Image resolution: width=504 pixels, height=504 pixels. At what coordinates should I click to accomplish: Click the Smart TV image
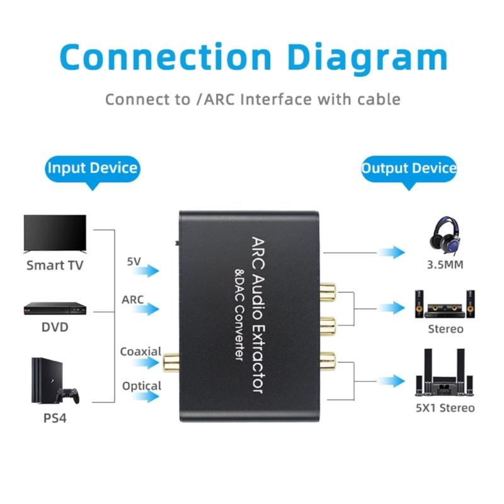55,234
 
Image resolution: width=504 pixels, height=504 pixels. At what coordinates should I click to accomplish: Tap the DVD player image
55,308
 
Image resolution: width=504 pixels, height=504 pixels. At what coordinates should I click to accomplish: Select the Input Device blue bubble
93,168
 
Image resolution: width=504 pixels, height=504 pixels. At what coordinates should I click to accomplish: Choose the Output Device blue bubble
408,169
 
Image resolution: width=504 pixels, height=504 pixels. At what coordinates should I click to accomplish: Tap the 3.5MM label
445,265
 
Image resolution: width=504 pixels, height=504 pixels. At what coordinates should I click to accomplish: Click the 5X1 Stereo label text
445,408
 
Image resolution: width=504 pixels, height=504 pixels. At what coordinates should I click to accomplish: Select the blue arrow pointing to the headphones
391,253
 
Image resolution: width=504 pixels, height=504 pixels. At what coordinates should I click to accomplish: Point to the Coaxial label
140,352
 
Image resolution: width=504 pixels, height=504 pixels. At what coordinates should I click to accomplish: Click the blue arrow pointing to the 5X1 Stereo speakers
391,381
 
